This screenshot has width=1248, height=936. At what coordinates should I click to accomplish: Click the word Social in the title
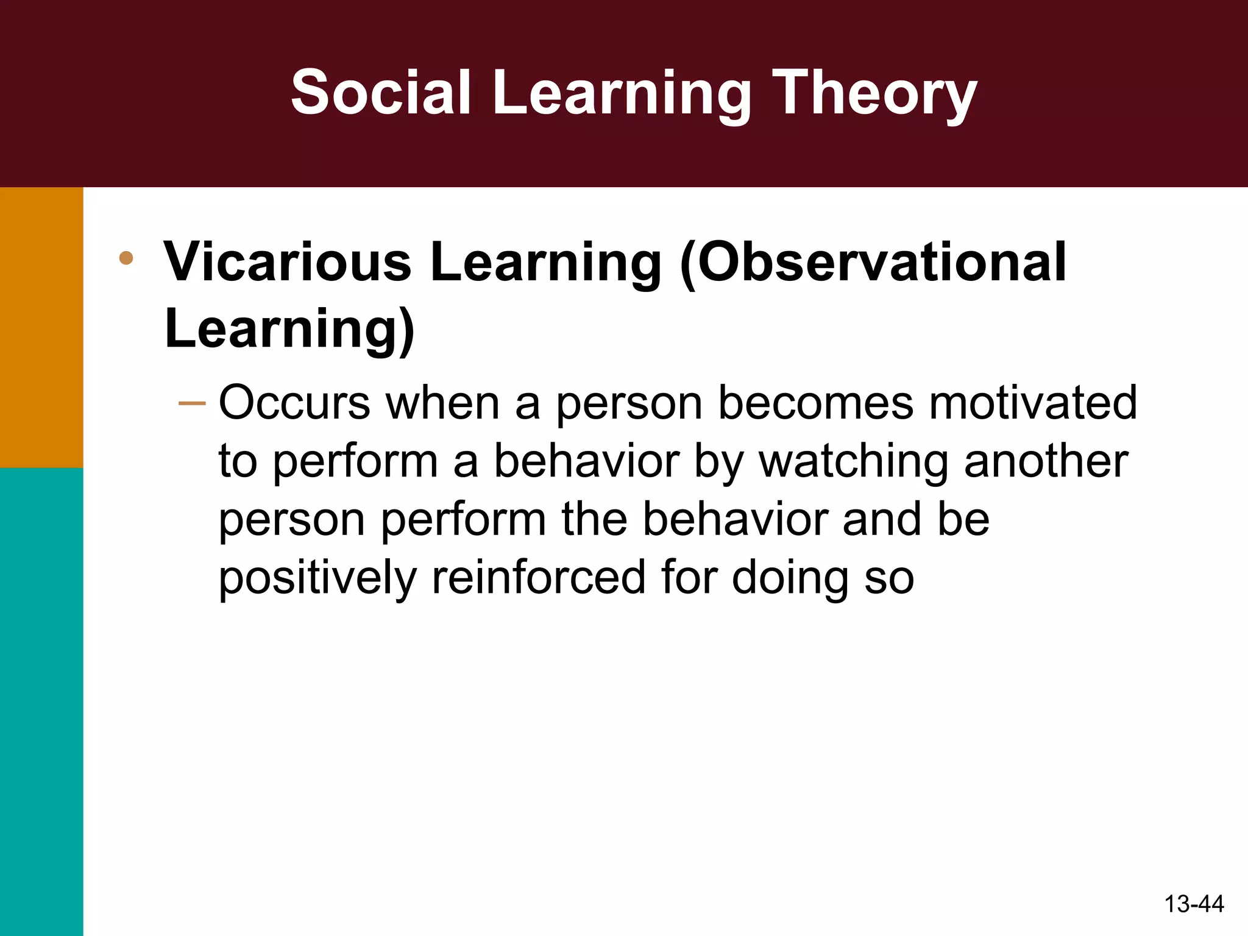click(x=381, y=93)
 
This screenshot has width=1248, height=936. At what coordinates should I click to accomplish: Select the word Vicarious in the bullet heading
click(x=288, y=262)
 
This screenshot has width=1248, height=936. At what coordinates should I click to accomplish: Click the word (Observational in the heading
click(x=873, y=262)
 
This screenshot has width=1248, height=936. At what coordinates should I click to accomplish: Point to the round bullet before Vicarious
click(x=126, y=258)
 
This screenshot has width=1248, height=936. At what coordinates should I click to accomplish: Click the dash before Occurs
click(x=192, y=403)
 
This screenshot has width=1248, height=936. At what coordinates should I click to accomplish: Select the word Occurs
click(x=294, y=403)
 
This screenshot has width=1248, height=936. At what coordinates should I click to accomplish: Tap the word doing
click(x=790, y=579)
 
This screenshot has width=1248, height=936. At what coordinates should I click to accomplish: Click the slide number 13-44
click(x=1193, y=904)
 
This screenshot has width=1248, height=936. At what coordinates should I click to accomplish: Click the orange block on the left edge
click(x=41, y=327)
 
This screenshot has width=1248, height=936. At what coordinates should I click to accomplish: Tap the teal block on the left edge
click(x=41, y=701)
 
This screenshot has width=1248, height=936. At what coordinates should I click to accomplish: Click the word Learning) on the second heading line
click(x=289, y=329)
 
